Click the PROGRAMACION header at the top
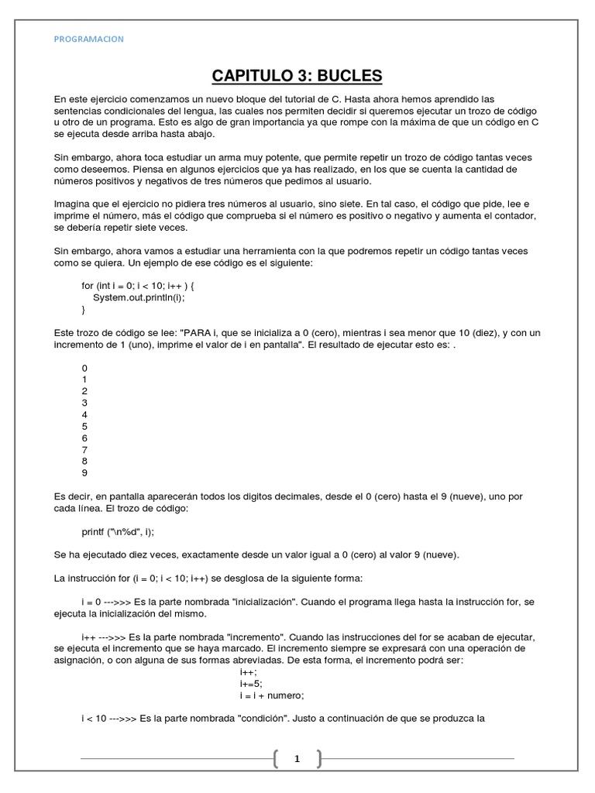(x=90, y=39)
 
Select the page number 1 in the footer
(x=297, y=759)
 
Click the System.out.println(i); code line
(x=139, y=297)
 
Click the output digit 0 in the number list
(x=84, y=368)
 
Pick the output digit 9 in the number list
(x=84, y=472)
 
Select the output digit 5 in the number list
(x=84, y=426)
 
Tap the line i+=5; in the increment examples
(x=252, y=683)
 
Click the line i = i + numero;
(x=272, y=695)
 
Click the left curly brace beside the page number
(x=277, y=759)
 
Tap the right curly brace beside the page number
(x=318, y=759)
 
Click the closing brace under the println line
(x=84, y=309)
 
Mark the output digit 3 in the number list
(x=84, y=403)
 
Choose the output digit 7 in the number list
(x=84, y=449)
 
